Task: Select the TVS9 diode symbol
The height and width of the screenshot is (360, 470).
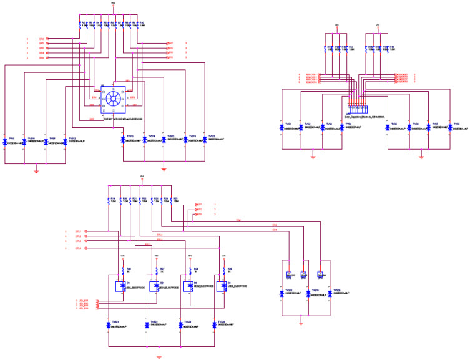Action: pos(6,142)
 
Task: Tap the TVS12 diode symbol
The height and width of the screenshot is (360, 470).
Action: pos(66,142)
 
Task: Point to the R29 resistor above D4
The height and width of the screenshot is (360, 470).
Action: pos(222,270)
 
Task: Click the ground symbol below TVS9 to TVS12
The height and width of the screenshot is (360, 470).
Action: pos(36,169)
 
